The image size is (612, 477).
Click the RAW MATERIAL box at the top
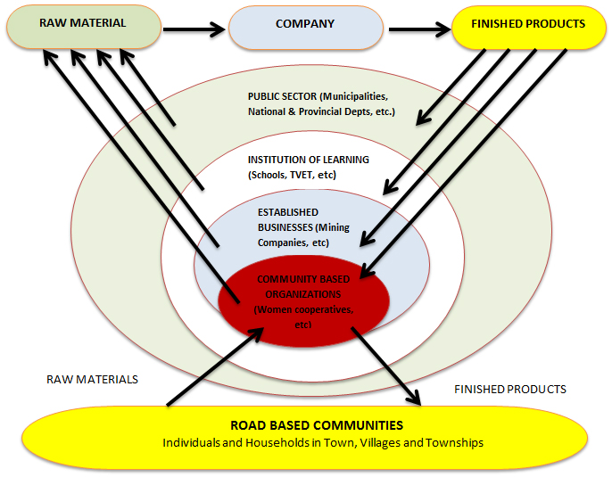83,24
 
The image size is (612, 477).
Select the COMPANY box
305,24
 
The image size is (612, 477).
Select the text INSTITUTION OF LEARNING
308,160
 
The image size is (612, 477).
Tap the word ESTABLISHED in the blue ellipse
288,212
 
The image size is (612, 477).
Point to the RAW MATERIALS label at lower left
92,379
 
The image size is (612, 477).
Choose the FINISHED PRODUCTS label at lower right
510,390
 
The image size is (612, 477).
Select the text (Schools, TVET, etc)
292,175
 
